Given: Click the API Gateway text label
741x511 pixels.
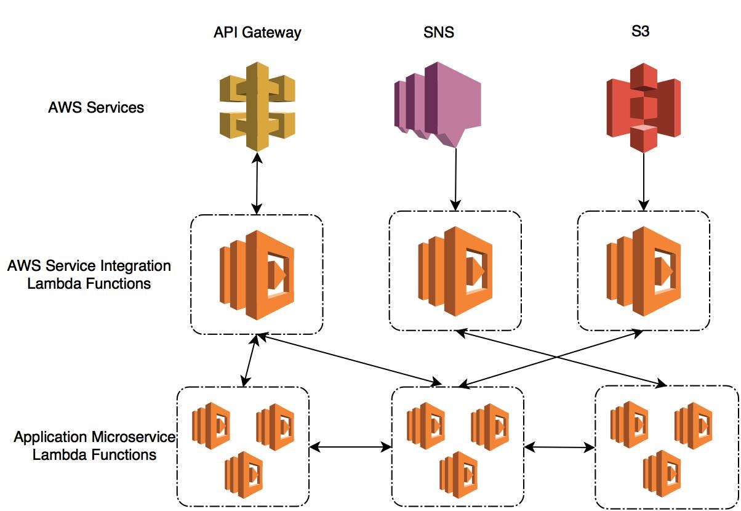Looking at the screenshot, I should tap(257, 32).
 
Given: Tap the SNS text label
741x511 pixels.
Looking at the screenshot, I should tap(439, 32).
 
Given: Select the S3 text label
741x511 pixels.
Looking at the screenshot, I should tap(640, 31).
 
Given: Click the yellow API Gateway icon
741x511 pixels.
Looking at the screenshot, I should tap(257, 106).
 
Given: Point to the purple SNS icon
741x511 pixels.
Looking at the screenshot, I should tap(437, 103).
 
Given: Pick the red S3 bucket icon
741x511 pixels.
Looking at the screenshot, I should tap(643, 107).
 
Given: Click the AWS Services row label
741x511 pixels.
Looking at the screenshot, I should tap(96, 107).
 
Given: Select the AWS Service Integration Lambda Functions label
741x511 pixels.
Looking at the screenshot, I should tap(89, 275).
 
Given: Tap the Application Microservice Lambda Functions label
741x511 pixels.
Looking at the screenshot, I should tap(94, 446).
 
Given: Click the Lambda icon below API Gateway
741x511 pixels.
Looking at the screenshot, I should tap(257, 275).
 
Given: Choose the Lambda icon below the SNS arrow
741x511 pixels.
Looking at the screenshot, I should tap(455, 271).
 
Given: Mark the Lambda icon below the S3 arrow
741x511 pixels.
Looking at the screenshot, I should tap(644, 271).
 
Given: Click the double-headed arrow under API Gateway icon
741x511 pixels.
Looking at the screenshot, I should tap(257, 184).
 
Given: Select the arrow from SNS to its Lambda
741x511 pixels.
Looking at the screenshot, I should tap(455, 179).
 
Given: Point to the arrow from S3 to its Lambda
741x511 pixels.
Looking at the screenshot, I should tap(644, 179).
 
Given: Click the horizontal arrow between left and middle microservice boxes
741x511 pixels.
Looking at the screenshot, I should tap(350, 446).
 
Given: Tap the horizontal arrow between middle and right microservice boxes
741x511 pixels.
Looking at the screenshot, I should tap(559, 448).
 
